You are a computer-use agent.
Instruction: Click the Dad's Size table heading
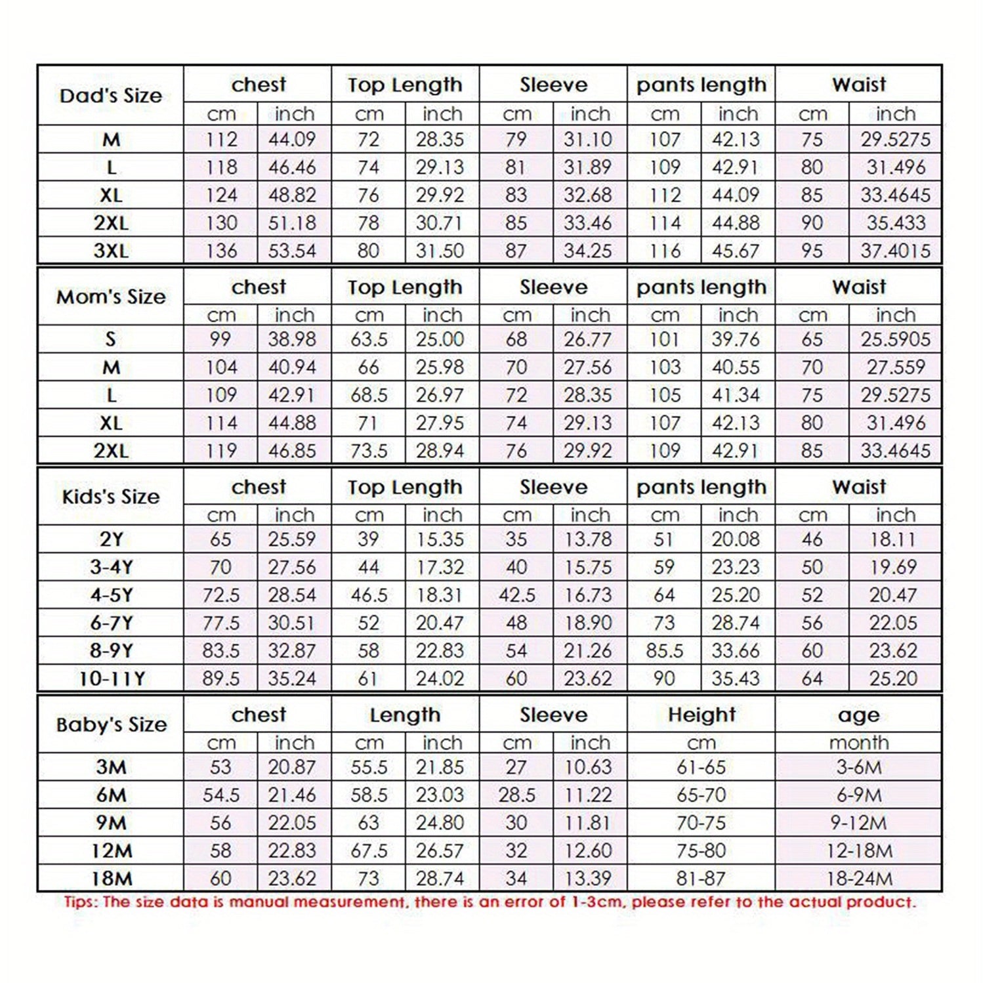point(110,96)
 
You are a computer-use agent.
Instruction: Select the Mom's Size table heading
point(110,297)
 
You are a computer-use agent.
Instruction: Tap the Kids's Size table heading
point(110,497)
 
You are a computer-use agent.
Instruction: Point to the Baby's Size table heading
point(111,724)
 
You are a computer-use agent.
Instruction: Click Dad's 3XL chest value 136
point(220,251)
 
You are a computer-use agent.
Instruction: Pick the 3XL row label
point(111,251)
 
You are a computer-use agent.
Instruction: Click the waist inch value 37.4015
point(895,251)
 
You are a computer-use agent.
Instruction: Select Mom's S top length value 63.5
point(369,339)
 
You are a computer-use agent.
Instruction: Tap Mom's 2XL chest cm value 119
point(220,451)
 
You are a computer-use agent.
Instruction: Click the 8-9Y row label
point(111,650)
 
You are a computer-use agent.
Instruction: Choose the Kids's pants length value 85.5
point(664,650)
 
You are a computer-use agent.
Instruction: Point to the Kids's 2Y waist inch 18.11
point(892,539)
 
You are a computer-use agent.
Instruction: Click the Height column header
point(701,715)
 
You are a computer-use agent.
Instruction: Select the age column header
point(858,715)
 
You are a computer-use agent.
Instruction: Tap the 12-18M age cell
point(859,851)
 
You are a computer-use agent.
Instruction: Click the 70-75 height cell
point(701,823)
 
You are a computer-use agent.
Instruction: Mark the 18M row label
point(111,879)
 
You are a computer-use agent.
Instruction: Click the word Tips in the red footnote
point(80,902)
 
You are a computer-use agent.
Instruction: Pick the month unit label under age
point(858,743)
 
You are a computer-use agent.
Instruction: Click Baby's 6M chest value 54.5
point(220,795)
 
